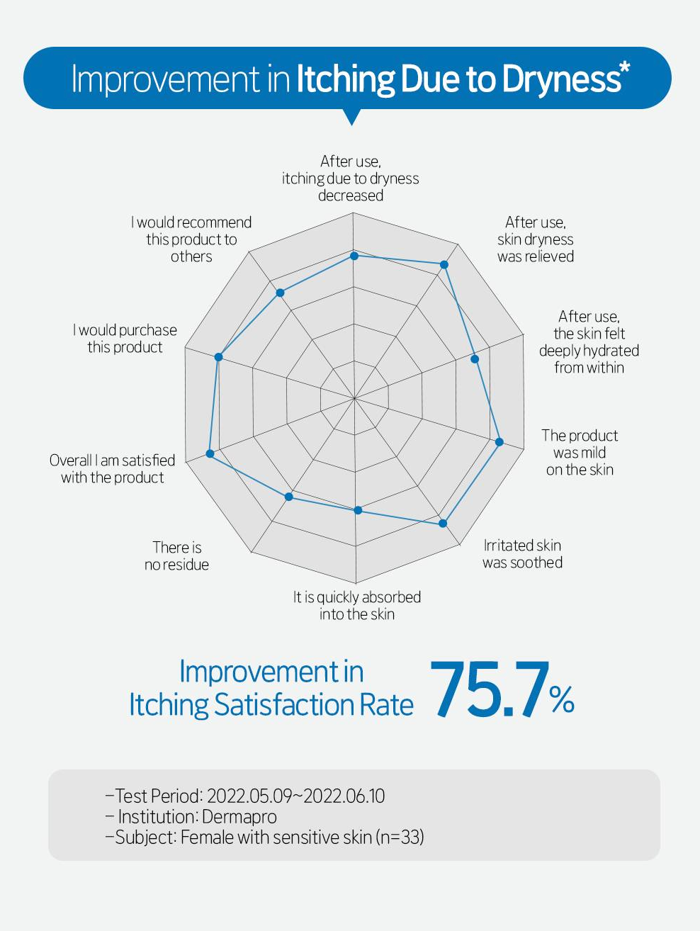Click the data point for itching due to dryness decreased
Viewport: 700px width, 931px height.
355,255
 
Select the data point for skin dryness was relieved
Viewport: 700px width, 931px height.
444,265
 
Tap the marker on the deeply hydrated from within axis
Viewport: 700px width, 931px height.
475,359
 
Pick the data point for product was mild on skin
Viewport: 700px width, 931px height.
499,442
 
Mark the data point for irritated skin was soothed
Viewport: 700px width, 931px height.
443,524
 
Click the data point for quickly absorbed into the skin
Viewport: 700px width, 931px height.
358,510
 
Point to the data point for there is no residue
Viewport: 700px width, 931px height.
289,497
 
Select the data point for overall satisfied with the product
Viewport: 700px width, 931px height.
210,453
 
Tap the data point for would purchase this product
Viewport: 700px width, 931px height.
219,357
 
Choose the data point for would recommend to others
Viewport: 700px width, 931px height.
280,293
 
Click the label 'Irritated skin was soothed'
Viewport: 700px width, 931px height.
522,554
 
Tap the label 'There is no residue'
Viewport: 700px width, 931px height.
176,556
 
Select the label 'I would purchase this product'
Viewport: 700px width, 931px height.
125,339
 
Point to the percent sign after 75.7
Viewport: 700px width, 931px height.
561,700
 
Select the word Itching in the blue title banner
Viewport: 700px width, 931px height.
344,79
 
